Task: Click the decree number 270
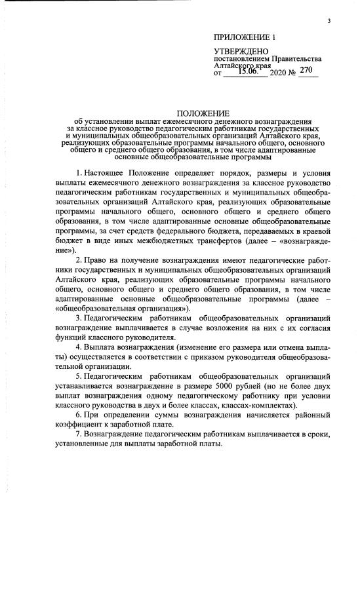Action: pos(306,70)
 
